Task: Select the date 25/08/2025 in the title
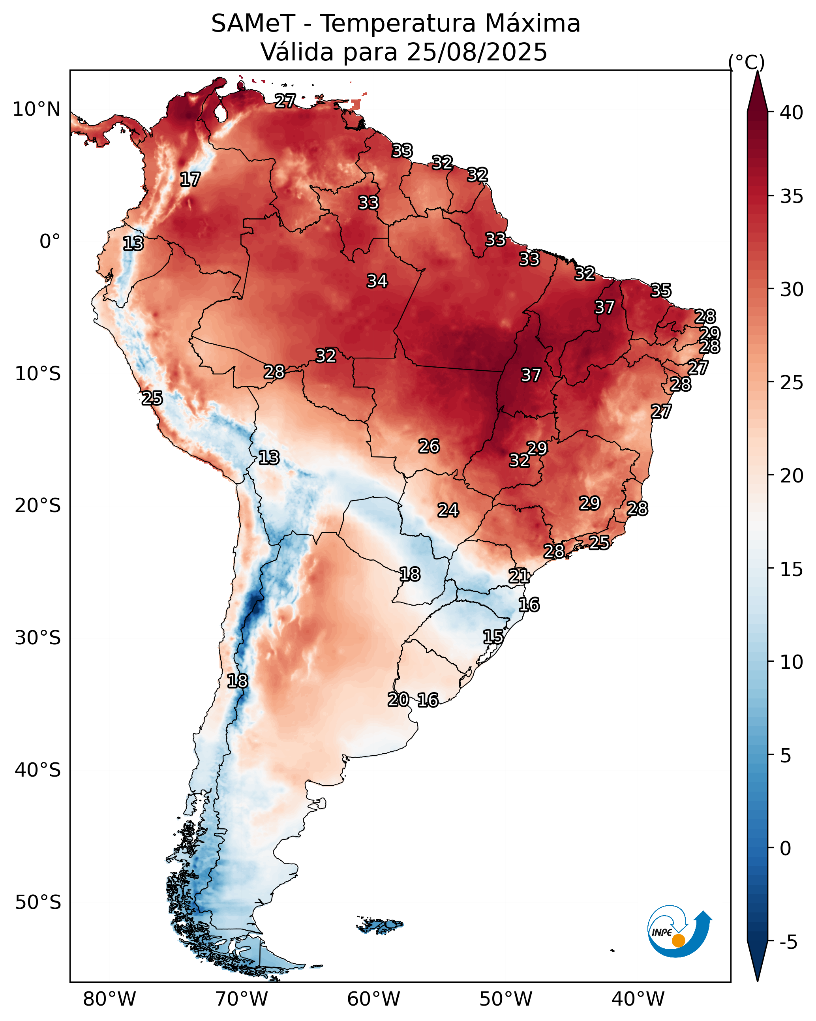(x=476, y=52)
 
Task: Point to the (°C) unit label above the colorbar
(x=747, y=62)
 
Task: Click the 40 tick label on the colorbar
(x=792, y=113)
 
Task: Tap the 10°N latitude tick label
(x=36, y=109)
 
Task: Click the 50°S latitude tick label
(x=38, y=903)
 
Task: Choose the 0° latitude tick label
(x=50, y=242)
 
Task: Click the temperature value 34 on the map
(x=377, y=281)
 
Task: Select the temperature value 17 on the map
(x=190, y=180)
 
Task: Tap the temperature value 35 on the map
(x=661, y=290)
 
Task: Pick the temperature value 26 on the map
(x=429, y=446)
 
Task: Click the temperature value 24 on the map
(x=448, y=510)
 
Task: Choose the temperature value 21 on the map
(x=519, y=576)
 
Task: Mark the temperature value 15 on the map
(x=493, y=637)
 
